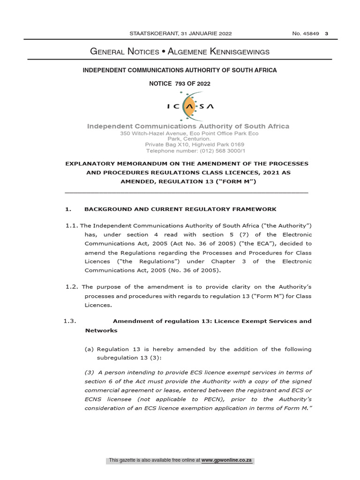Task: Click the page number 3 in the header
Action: [x=326, y=33]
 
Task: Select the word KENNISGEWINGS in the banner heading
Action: [x=236, y=52]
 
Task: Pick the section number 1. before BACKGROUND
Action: [x=67, y=209]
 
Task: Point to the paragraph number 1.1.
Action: [x=72, y=225]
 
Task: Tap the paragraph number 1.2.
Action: [x=72, y=286]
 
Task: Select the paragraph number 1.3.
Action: [x=69, y=321]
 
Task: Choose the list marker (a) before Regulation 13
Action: [x=89, y=349]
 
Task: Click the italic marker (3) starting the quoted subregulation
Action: [x=90, y=372]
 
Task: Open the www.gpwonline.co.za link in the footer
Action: [x=227, y=460]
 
